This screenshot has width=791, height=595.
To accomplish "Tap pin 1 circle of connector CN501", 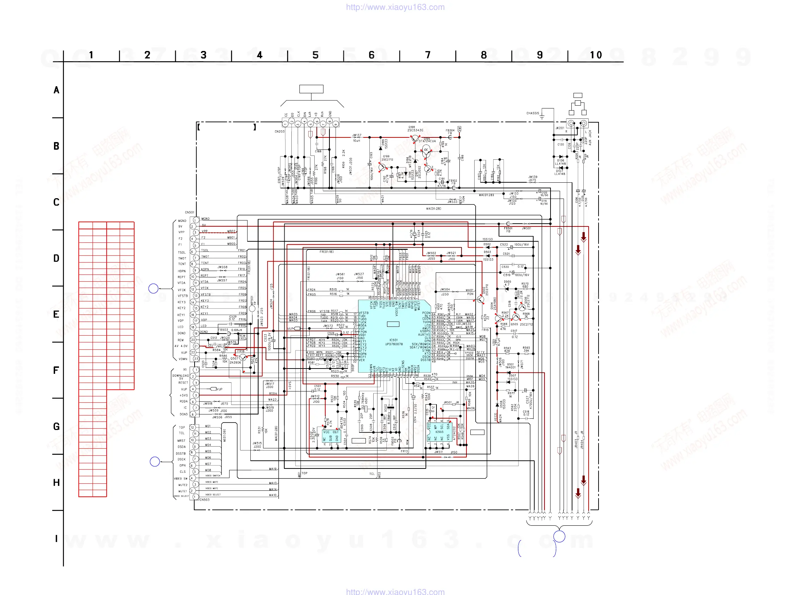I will (x=196, y=220).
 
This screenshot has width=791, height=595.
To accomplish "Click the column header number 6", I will (x=371, y=55).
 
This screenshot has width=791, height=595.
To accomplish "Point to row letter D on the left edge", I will (x=56, y=258).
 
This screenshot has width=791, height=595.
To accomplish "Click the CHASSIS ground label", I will (x=533, y=113).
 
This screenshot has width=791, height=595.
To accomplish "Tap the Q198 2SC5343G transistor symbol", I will (x=415, y=138).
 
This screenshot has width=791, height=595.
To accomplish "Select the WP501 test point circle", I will (x=252, y=308).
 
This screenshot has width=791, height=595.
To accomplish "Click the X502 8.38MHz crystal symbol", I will (x=391, y=407).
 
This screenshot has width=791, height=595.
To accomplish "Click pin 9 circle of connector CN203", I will (x=335, y=124).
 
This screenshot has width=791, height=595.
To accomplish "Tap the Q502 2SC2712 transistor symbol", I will (x=480, y=299).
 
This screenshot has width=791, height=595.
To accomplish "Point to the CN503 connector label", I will (x=204, y=500).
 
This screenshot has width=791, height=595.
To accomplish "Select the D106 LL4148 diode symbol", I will (x=560, y=157).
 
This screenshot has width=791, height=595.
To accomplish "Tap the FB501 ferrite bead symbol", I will (x=508, y=224).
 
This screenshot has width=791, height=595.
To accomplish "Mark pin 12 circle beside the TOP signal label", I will (x=192, y=428).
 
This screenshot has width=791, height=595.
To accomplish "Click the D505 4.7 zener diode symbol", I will (x=506, y=288).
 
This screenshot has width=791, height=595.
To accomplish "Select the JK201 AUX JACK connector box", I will (x=577, y=124).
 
